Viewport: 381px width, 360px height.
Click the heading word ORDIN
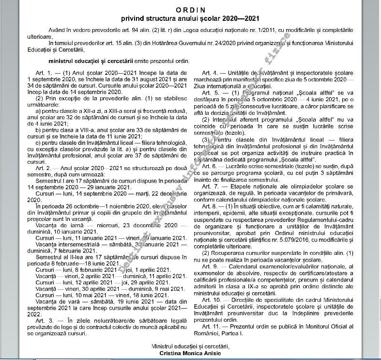tap(190, 10)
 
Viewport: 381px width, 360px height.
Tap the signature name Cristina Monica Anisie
tap(190, 354)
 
